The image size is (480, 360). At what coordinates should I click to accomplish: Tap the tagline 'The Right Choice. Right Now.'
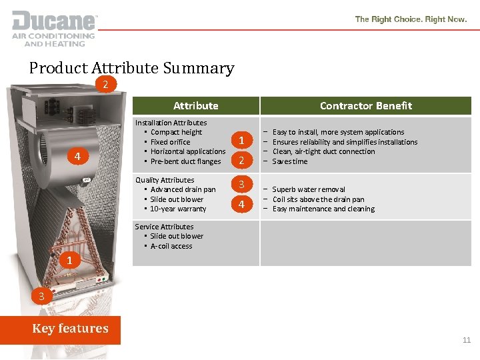coord(411,19)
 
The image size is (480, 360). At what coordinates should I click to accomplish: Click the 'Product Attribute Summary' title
coord(131,68)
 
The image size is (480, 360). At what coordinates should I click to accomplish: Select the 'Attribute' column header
coord(195,105)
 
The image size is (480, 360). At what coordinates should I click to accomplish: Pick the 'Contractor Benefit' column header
coord(365,105)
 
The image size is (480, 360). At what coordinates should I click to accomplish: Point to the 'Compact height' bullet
coord(176,132)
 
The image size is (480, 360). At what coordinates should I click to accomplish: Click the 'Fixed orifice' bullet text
coord(170,142)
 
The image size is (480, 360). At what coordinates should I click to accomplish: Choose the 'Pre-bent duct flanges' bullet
coord(185,161)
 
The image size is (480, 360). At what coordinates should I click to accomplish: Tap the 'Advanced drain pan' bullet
coord(183,189)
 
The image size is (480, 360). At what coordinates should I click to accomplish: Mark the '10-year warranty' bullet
coord(178,209)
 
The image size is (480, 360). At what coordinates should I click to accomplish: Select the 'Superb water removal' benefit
coord(309,189)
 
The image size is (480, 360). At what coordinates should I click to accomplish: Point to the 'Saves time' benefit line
coord(290,161)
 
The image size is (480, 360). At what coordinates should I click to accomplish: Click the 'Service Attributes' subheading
coord(164,227)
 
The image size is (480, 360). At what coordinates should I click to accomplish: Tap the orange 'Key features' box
coord(70,329)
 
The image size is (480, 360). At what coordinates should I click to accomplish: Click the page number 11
coord(467,340)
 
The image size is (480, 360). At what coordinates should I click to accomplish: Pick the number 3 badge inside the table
coord(242,184)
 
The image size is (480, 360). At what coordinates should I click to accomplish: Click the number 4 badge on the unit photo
coord(77,157)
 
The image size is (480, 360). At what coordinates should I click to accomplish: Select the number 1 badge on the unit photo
coord(69,259)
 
